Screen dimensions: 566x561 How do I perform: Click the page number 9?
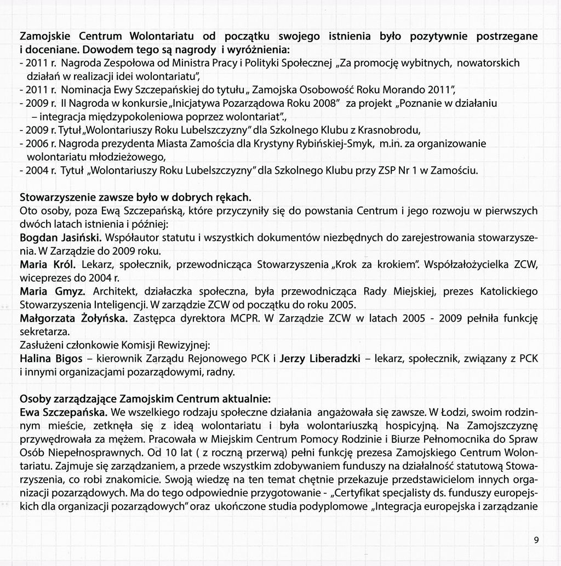(x=536, y=540)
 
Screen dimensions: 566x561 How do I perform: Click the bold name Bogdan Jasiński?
(x=60, y=238)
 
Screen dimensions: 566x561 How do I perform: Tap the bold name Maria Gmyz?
(x=52, y=291)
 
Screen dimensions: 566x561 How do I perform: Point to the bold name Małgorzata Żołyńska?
(x=73, y=318)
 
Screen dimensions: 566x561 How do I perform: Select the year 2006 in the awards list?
(x=37, y=144)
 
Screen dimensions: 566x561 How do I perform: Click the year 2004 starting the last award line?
(x=37, y=170)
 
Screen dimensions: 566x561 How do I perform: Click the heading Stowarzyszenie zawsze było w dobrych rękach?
(x=135, y=196)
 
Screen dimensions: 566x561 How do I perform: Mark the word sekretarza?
(x=44, y=331)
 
